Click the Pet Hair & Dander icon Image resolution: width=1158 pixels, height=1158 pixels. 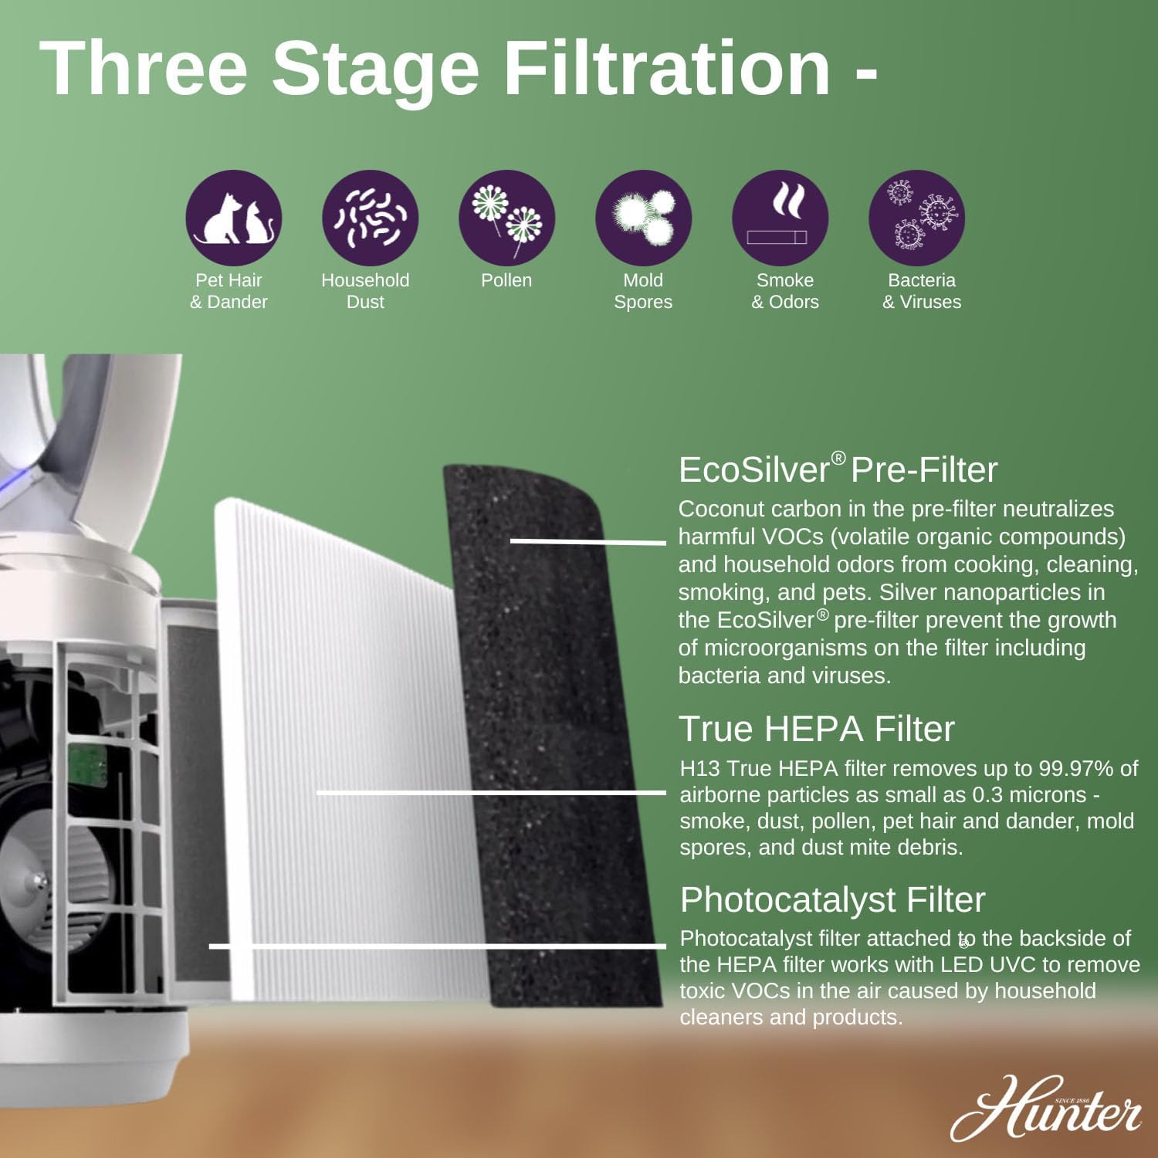233,218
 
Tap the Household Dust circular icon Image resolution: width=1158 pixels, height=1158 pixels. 370,218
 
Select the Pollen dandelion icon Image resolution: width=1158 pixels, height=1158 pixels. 506,218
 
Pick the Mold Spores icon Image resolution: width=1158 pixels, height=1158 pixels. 643,218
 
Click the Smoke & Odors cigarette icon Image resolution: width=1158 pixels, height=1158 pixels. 780,218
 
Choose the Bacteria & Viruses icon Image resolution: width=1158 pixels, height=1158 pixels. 916,218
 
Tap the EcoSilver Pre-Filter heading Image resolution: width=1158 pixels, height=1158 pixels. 838,469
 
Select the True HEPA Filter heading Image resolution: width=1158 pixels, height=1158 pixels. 816,729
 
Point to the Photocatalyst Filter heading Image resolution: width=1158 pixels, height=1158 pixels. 832,899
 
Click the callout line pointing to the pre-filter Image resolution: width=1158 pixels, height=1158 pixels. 587,541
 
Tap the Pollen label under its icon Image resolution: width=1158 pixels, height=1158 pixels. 506,280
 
